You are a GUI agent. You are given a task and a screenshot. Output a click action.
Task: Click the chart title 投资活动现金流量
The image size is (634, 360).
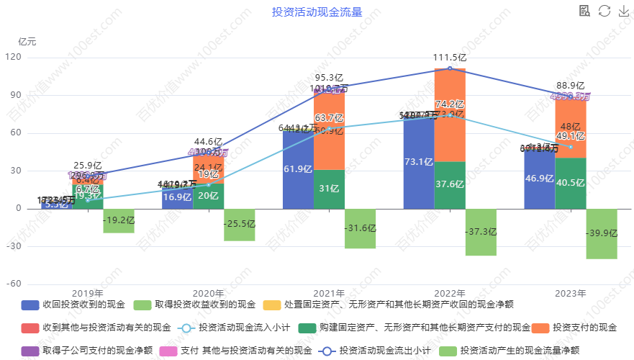point(317,12)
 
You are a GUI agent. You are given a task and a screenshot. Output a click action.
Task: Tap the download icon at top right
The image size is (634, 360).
point(623,10)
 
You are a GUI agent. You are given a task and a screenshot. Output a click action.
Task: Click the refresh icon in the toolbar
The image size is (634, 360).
point(604,10)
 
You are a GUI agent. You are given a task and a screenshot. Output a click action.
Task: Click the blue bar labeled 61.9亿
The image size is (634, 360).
point(297,169)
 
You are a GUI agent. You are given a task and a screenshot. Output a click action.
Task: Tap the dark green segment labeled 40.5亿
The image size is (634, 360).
point(570,183)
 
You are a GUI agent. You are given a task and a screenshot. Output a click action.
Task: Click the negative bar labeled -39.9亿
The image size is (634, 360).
point(601,233)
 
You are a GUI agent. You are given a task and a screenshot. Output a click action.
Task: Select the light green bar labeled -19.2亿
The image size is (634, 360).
point(119,220)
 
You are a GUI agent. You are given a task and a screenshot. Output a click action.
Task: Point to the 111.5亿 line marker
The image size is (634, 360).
point(450,68)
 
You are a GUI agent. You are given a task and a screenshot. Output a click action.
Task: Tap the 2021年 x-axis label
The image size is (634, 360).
point(330,294)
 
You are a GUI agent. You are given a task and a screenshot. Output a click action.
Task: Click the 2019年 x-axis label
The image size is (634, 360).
point(88,294)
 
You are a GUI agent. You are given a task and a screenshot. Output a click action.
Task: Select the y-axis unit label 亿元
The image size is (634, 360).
point(27,41)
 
